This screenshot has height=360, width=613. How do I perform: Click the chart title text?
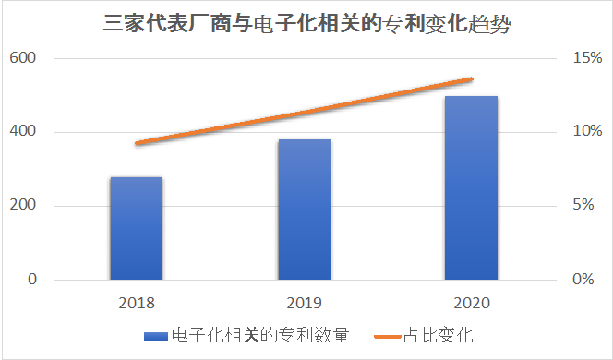[306, 23]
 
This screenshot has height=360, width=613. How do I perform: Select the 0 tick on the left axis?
[31, 280]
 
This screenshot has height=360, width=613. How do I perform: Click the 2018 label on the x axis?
[137, 302]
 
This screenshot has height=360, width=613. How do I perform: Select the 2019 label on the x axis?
[305, 302]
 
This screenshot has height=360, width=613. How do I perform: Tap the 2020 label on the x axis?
[472, 302]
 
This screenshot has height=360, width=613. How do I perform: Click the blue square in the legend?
[150, 334]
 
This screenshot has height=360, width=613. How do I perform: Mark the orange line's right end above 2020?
[472, 79]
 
